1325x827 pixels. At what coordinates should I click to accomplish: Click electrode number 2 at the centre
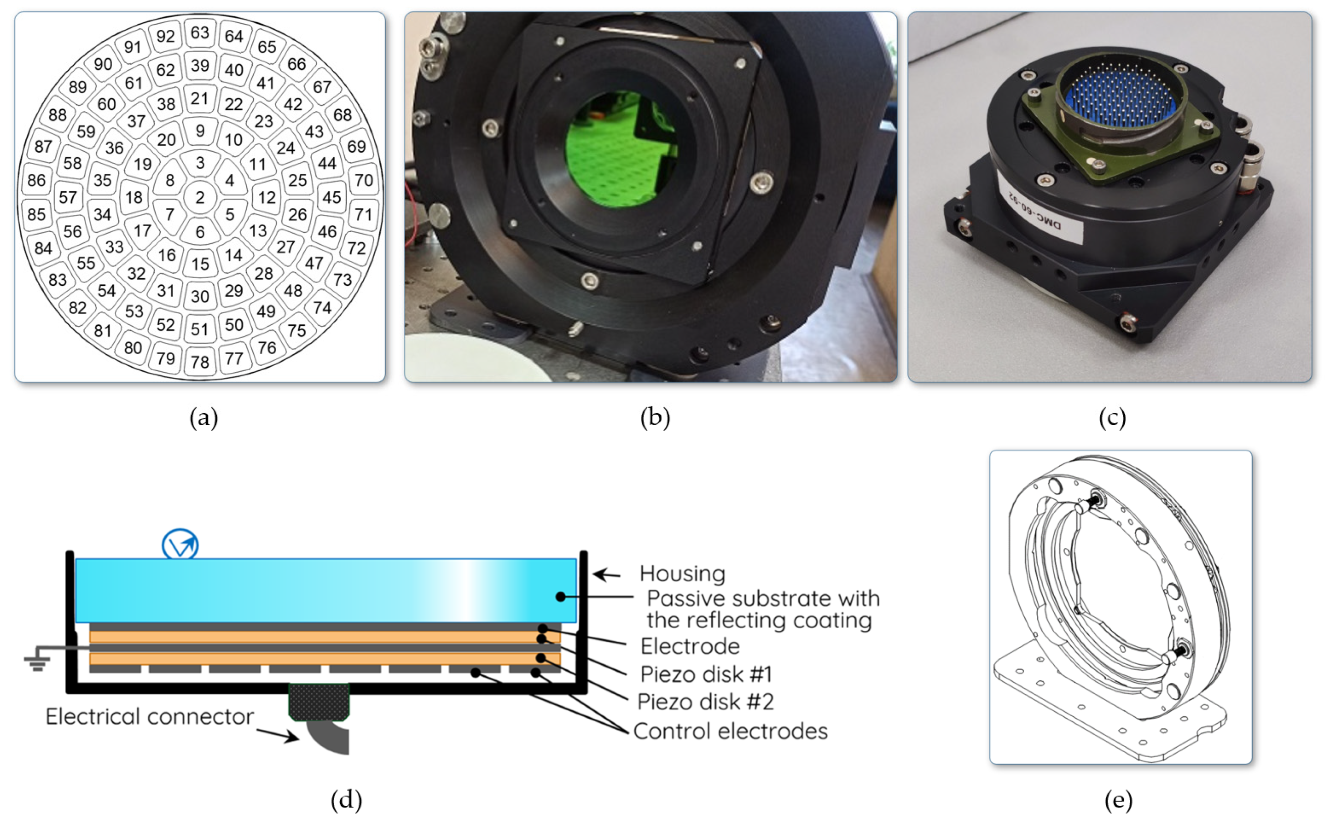pyautogui.click(x=200, y=197)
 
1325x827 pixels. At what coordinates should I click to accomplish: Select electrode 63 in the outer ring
pyautogui.click(x=200, y=33)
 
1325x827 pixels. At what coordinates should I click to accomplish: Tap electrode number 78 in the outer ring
pyautogui.click(x=200, y=362)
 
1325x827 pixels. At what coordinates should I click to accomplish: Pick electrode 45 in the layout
pyautogui.click(x=332, y=197)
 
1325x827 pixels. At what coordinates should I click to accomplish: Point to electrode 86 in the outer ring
pyautogui.click(x=36, y=180)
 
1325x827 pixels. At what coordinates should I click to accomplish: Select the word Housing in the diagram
pyautogui.click(x=682, y=574)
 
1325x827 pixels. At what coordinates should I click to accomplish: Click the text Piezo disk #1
pyautogui.click(x=706, y=674)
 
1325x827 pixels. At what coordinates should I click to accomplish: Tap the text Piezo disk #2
pyautogui.click(x=706, y=702)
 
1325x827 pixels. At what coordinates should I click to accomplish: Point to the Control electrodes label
pyautogui.click(x=730, y=731)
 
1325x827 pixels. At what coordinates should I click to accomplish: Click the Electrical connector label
pyautogui.click(x=149, y=717)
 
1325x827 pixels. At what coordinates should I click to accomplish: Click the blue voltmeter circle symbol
pyautogui.click(x=180, y=545)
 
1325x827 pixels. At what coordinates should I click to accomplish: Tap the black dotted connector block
pyautogui.click(x=318, y=701)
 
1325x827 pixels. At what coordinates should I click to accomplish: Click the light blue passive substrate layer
pyautogui.click(x=326, y=590)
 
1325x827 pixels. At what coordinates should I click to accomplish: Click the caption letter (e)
pyautogui.click(x=1118, y=800)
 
